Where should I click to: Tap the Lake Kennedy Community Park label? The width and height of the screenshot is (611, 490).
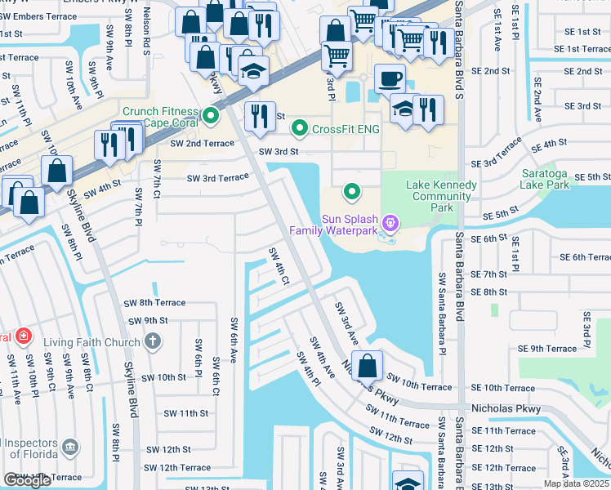[441, 196]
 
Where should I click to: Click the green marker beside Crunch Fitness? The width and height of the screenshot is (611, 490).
[212, 116]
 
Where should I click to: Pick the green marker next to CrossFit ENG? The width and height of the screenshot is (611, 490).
[300, 128]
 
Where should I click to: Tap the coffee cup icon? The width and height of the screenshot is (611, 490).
[390, 81]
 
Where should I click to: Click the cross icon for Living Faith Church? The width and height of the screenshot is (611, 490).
[153, 341]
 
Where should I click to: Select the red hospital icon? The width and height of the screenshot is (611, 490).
[24, 336]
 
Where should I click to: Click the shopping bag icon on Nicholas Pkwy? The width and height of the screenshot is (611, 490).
[368, 367]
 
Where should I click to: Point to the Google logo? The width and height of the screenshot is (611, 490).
[27, 480]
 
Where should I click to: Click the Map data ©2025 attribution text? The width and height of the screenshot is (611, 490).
[576, 483]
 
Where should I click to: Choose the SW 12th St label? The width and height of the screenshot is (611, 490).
[168, 449]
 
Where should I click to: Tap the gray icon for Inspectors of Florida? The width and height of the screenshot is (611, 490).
[71, 447]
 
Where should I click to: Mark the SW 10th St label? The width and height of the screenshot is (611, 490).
[164, 377]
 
